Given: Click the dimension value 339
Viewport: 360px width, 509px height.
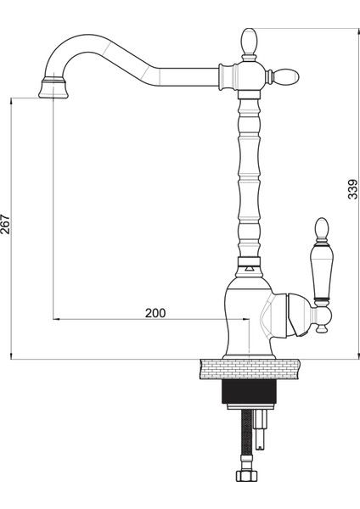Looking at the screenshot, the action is pos(352,189).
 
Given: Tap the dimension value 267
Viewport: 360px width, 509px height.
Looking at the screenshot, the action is pos(5,224).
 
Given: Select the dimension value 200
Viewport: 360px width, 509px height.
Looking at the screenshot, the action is pos(155,313).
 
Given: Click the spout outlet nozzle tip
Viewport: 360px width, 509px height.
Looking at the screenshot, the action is pos(53,89).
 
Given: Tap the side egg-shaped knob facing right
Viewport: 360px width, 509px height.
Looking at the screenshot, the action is pos(287,77).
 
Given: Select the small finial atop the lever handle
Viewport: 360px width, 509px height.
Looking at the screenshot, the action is pos(322,228).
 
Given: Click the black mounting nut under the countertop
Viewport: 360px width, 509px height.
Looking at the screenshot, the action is pos(249,391).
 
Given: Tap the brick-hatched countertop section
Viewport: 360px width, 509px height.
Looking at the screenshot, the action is pos(250,369).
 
